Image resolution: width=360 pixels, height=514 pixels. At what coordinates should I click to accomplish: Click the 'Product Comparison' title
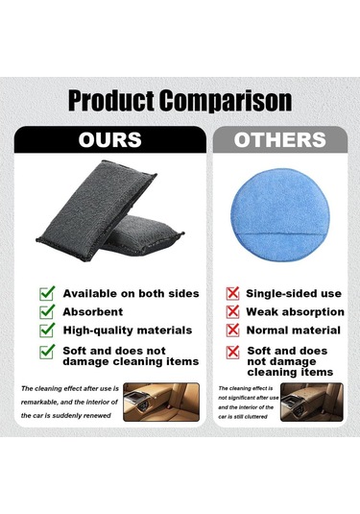(x=180, y=100)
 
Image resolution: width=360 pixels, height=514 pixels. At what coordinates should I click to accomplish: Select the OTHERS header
(x=278, y=140)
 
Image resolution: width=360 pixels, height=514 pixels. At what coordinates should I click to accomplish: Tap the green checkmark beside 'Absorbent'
(x=46, y=312)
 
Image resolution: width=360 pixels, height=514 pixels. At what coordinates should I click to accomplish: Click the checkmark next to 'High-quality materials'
(x=46, y=331)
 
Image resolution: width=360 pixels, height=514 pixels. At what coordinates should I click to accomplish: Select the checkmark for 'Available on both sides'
(x=46, y=293)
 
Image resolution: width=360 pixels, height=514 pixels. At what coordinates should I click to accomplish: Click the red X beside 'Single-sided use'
(x=231, y=293)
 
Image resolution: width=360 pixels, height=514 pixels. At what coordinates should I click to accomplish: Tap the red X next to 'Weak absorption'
(x=231, y=312)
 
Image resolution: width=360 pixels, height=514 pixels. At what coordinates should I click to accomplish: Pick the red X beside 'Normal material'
(x=231, y=331)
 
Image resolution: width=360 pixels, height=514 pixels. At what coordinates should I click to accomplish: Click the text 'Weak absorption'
(x=295, y=312)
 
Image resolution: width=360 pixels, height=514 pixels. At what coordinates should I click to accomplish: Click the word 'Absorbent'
(x=93, y=312)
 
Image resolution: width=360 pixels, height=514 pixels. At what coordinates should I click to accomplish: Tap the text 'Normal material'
(x=293, y=330)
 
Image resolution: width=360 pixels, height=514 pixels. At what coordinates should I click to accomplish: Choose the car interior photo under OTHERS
(x=312, y=404)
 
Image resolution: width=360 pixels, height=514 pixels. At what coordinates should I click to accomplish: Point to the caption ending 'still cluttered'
(x=248, y=404)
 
